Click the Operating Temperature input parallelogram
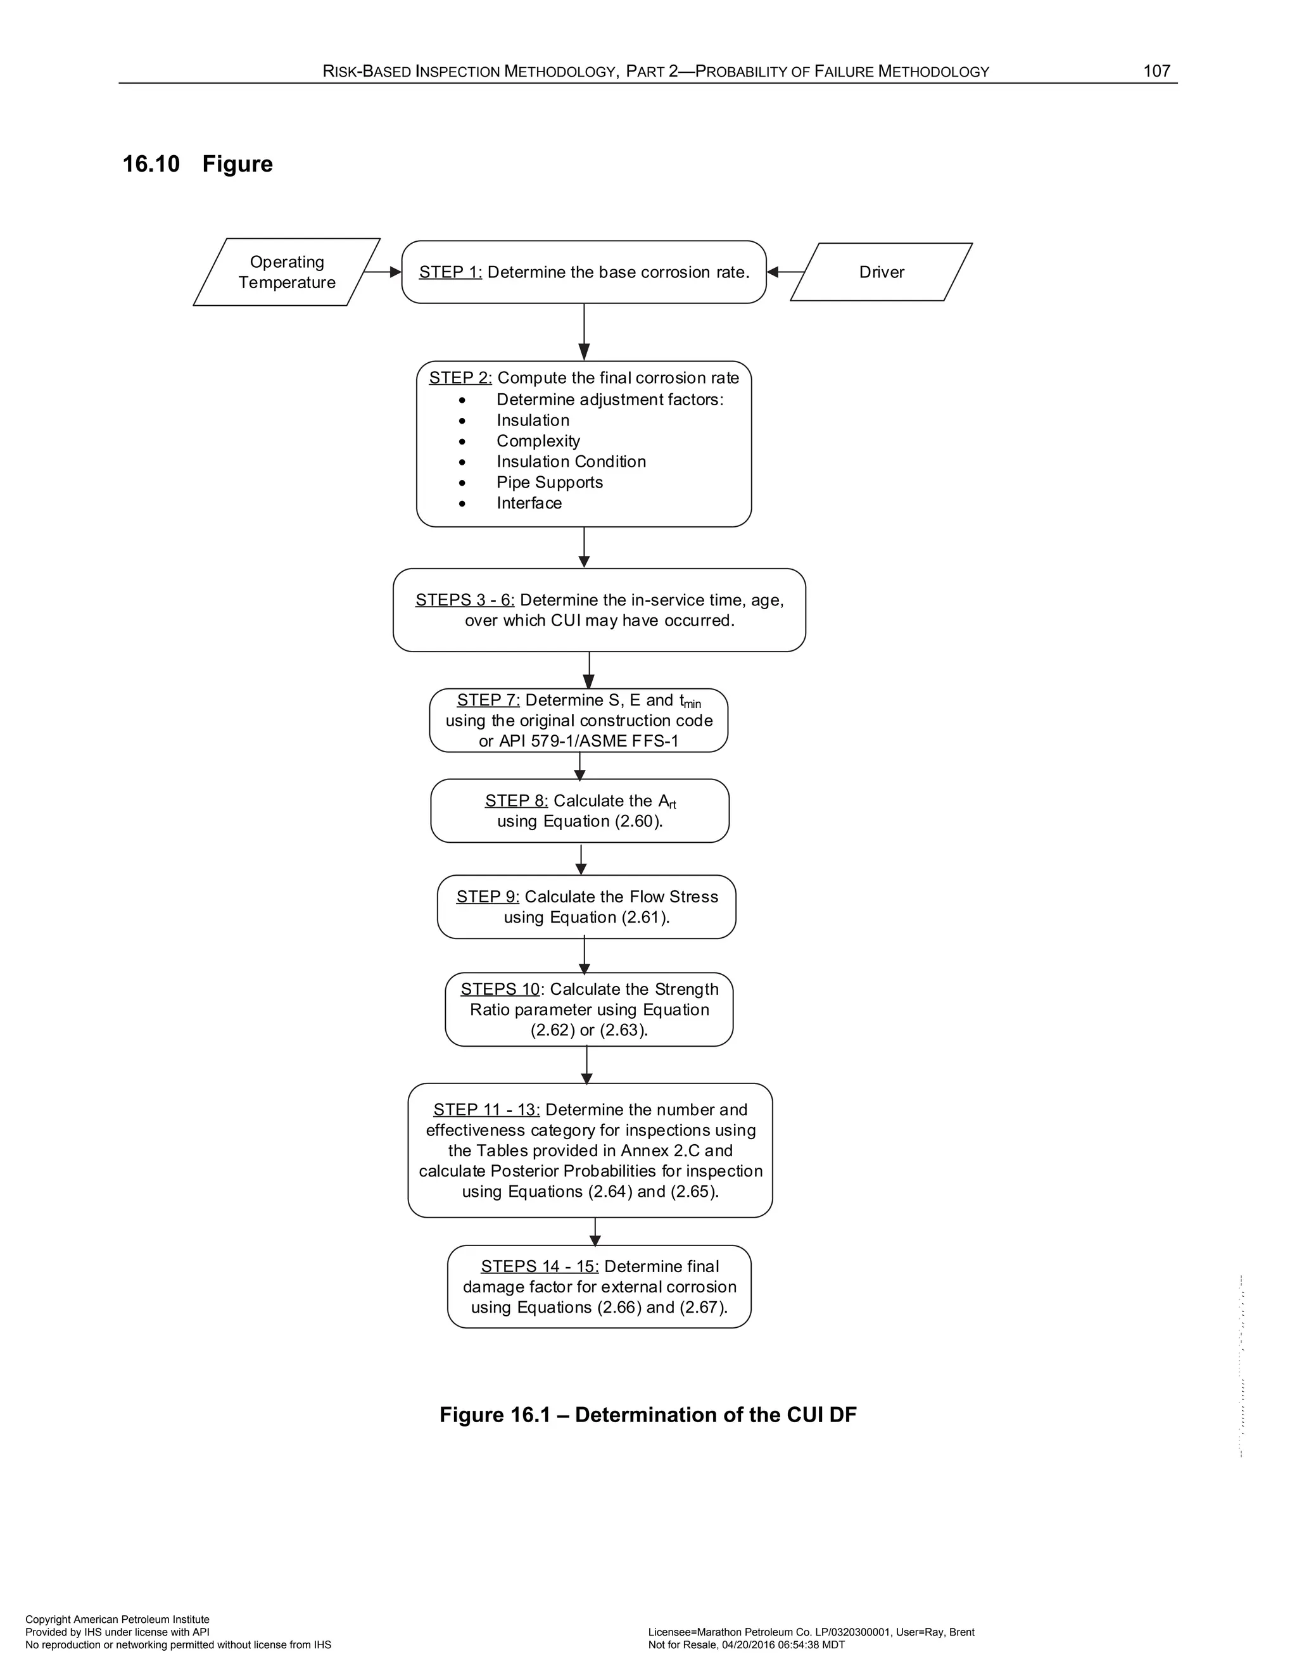tap(287, 272)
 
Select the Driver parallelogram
tap(882, 272)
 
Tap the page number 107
tap(1156, 72)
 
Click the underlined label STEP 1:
tap(450, 272)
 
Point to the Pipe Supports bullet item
tap(549, 483)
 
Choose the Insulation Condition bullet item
tap(571, 462)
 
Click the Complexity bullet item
tap(538, 441)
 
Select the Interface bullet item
tap(529, 503)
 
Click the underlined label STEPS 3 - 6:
tap(465, 600)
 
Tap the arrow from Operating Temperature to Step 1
tap(383, 272)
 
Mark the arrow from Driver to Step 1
tap(785, 272)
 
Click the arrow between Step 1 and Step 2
tap(584, 332)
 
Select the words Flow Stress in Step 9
tap(674, 897)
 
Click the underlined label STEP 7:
tap(488, 700)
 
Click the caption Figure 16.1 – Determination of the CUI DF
tap(648, 1415)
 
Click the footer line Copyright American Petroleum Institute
tap(118, 1620)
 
